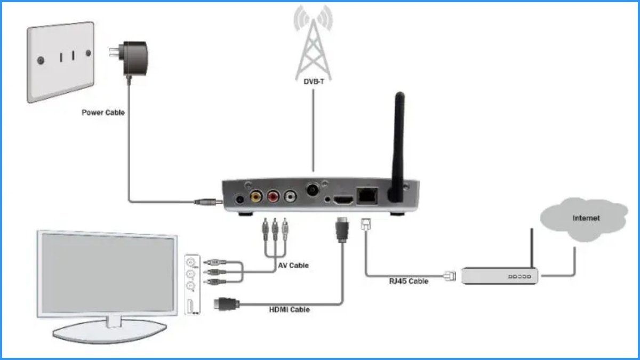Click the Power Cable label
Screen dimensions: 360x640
click(103, 113)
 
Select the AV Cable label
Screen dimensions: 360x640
click(293, 265)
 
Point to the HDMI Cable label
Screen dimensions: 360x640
click(289, 309)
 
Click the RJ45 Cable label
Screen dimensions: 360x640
click(408, 281)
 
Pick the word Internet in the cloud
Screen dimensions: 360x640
click(586, 218)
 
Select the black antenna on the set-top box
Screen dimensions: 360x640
click(397, 147)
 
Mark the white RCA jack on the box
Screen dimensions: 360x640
click(291, 197)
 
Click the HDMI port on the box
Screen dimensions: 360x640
click(342, 200)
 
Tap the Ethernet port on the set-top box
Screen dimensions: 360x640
click(367, 196)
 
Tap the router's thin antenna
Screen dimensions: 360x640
click(532, 250)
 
